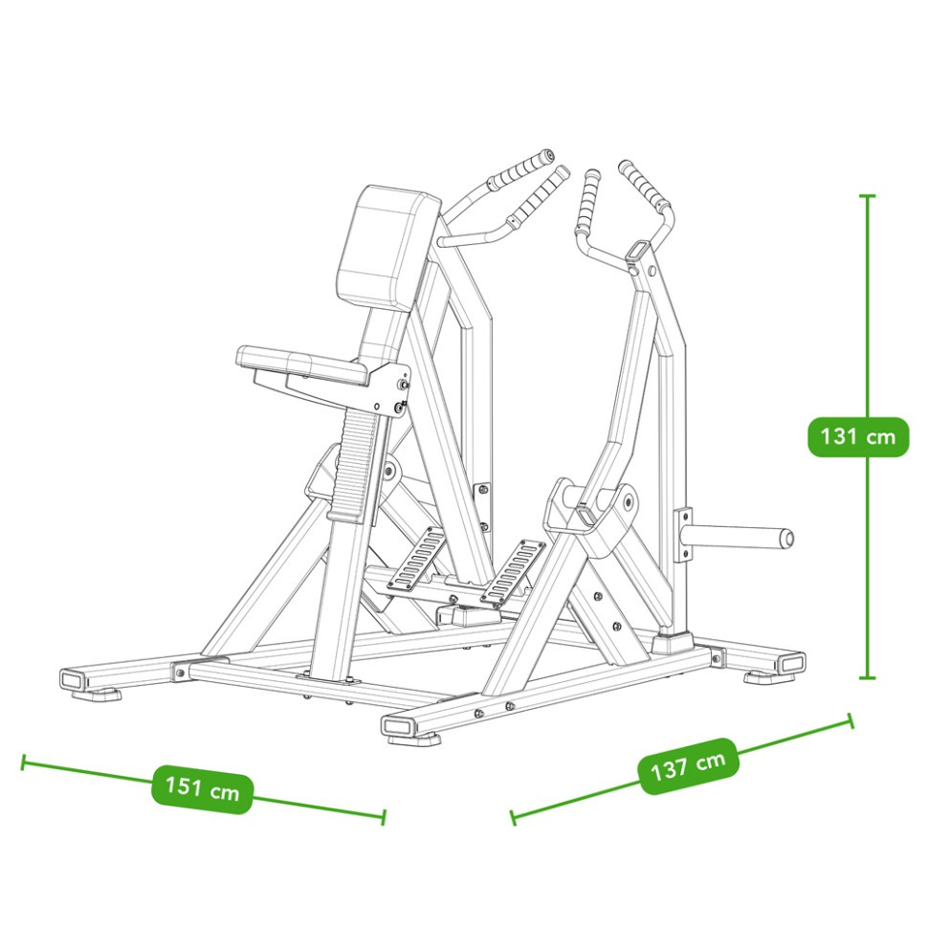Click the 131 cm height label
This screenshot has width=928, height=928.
coord(857,437)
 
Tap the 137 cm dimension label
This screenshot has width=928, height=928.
coord(688,766)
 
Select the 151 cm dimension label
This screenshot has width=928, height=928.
coord(203,788)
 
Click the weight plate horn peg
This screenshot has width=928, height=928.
coord(737,538)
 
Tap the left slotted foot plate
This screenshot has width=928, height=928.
coord(416,558)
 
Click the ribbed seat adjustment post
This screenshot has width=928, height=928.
coord(356,464)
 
